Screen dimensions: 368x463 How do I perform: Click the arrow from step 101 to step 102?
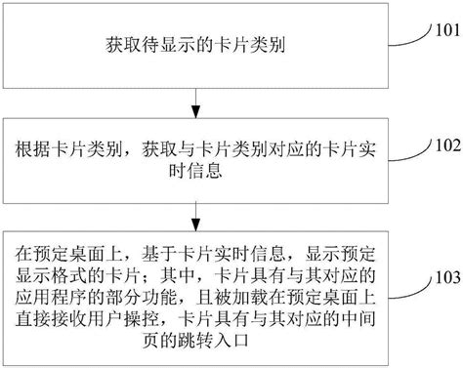point(199,92)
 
